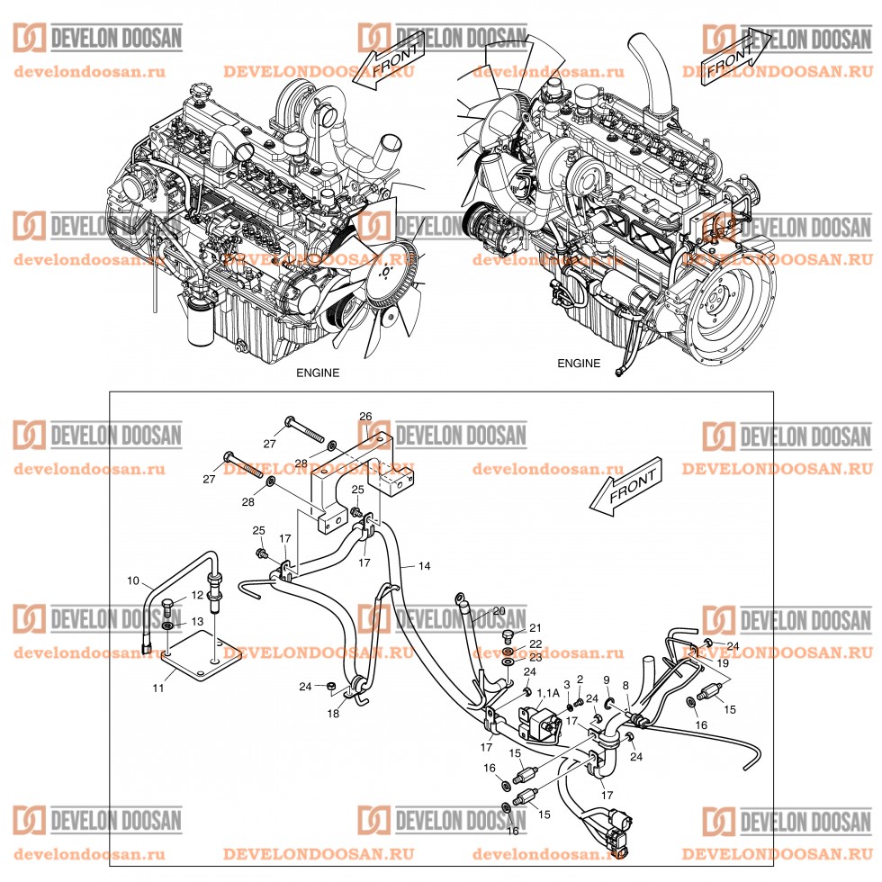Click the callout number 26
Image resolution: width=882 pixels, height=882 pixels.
point(365,417)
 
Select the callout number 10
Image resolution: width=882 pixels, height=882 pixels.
point(133,581)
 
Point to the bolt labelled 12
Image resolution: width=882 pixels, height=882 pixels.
point(170,604)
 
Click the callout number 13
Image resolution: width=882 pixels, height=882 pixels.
point(198,622)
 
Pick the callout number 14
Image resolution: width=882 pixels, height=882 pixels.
point(425,566)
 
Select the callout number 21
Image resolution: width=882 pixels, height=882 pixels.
point(535,628)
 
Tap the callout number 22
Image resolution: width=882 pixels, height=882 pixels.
point(535,643)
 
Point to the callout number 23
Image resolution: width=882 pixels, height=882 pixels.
point(535,658)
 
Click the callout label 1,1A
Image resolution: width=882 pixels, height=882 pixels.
point(546,693)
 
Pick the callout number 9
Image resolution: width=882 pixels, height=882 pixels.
point(607,679)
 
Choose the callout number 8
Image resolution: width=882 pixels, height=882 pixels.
point(625,685)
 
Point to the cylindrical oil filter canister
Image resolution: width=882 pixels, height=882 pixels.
point(200,325)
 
